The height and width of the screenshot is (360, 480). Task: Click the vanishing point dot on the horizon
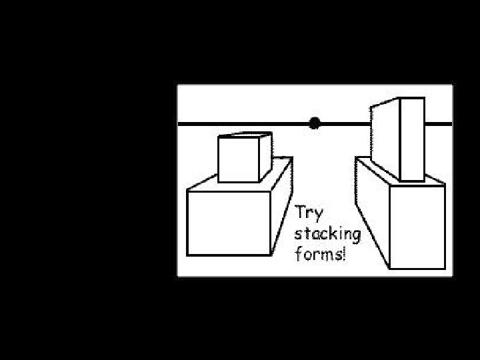(x=314, y=123)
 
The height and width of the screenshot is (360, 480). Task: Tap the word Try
(x=309, y=213)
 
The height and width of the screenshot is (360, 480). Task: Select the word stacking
(x=327, y=235)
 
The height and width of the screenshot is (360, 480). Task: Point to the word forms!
(x=321, y=254)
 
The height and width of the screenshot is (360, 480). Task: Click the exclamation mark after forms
(x=344, y=254)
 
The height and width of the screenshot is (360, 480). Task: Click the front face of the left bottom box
(x=228, y=223)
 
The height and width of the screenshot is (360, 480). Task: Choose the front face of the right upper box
(x=411, y=139)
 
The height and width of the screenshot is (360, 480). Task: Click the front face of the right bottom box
(x=417, y=227)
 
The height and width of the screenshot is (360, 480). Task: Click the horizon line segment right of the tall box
(x=437, y=123)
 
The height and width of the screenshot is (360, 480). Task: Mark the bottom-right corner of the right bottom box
(x=444, y=269)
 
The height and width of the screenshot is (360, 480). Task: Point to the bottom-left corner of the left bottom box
(x=187, y=255)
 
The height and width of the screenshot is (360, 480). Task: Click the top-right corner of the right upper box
(x=424, y=99)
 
